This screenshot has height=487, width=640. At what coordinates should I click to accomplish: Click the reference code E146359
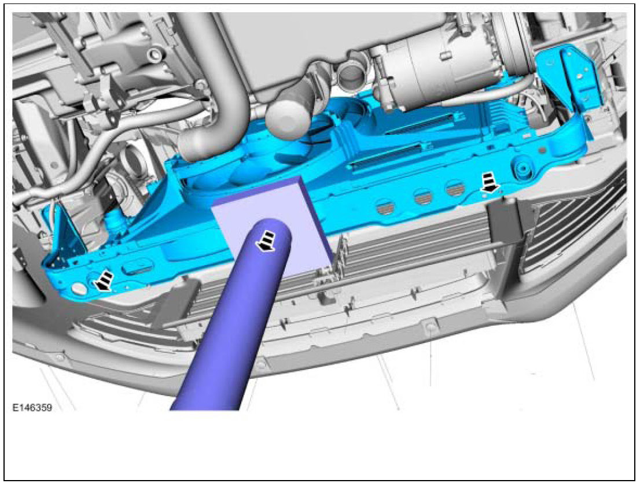32,407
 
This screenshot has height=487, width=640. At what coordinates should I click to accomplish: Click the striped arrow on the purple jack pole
264,241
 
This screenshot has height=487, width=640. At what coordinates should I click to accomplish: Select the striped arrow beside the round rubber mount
490,182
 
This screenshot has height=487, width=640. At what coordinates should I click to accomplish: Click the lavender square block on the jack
272,225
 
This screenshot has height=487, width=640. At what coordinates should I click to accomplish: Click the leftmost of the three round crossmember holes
385,207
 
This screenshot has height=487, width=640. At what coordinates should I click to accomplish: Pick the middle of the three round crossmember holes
423,198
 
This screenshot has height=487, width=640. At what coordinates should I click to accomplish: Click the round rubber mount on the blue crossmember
523,169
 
